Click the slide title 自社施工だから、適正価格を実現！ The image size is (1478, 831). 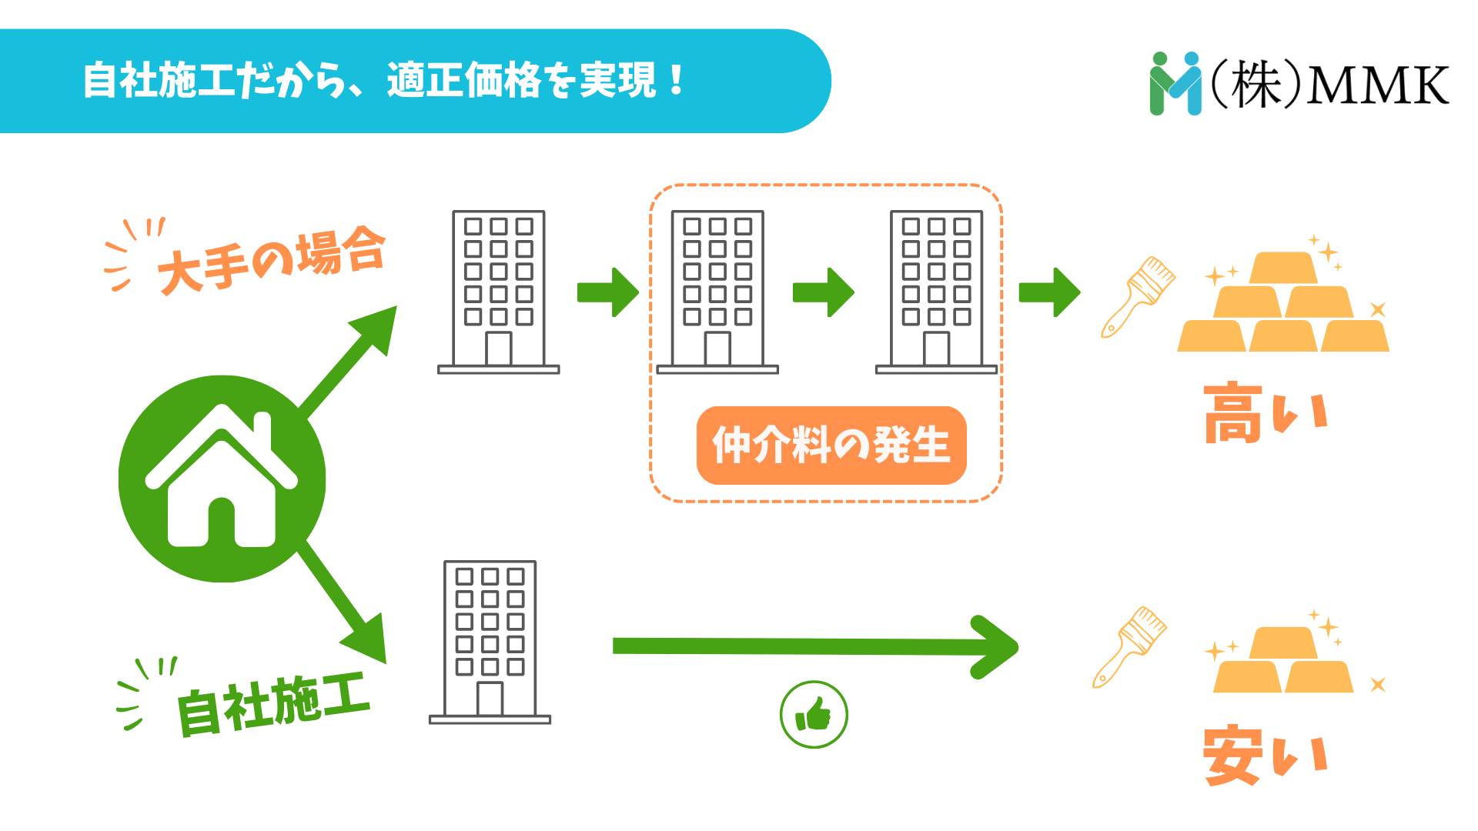[x=383, y=80]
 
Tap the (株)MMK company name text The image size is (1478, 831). [x=1329, y=84]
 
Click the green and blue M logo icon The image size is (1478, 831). [x=1175, y=84]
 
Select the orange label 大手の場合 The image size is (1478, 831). [x=271, y=260]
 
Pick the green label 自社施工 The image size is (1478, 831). [x=273, y=703]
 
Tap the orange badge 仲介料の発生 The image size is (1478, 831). [x=831, y=445]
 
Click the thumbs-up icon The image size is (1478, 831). [x=814, y=715]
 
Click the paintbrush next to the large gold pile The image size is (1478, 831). [x=1138, y=297]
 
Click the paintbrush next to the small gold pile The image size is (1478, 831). [x=1129, y=647]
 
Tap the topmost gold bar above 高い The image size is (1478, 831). [x=1283, y=269]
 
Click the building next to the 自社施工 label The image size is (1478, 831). [x=490, y=641]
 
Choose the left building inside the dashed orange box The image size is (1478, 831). [x=717, y=291]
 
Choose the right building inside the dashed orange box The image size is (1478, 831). [x=936, y=291]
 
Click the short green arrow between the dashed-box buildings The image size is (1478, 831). [x=824, y=292]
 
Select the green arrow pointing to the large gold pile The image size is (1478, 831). [x=1049, y=292]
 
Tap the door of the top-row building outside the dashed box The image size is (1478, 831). [x=499, y=349]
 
